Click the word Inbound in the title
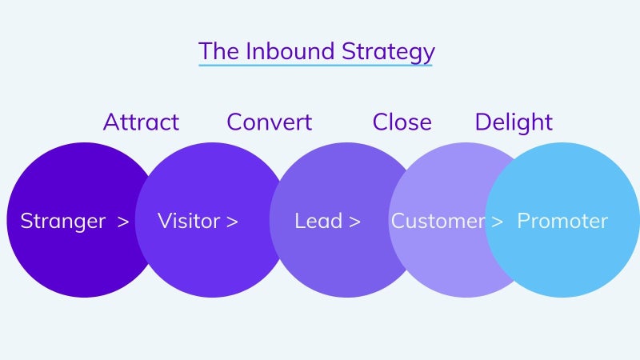290,51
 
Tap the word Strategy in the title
388,53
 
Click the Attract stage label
142,122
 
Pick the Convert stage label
270,122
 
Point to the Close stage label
402,122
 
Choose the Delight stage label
514,122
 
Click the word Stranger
63,222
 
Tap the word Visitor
189,221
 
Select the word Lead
318,221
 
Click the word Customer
438,221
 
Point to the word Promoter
562,221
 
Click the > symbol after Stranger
123,222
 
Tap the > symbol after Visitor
232,222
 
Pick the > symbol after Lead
354,222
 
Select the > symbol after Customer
497,222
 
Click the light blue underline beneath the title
315,65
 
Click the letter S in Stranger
26,221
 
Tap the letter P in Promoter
524,221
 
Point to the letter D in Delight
484,122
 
